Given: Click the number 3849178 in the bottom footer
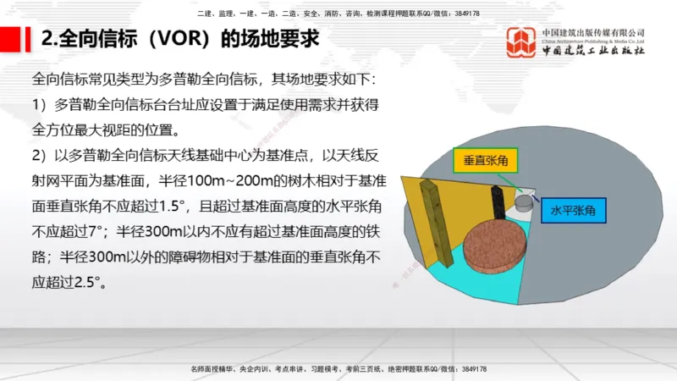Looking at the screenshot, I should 471,369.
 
